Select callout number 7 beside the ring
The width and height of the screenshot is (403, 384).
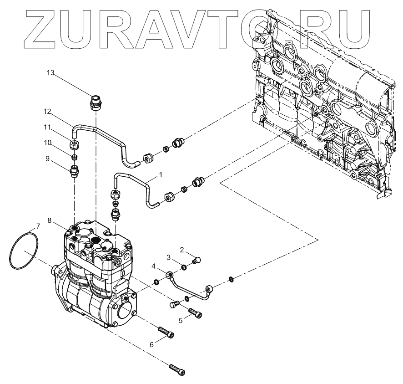38,226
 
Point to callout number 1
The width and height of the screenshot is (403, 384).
160,174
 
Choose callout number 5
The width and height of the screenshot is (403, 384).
181,321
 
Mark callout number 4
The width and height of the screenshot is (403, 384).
154,266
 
